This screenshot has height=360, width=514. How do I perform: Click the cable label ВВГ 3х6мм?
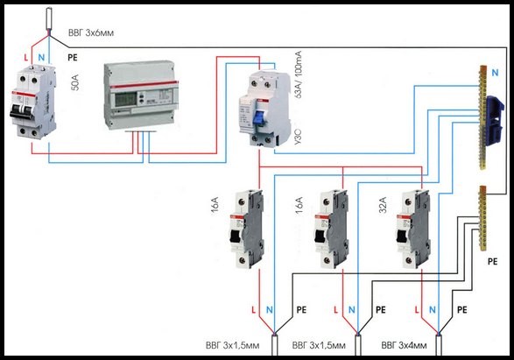click(x=91, y=32)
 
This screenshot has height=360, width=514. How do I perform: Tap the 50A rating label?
click(x=75, y=82)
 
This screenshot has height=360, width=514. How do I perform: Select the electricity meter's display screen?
click(x=125, y=98)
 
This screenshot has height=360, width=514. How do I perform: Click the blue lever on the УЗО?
click(x=259, y=119)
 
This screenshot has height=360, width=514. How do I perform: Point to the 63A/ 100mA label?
click(x=298, y=75)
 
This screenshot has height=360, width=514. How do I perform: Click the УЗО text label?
click(x=298, y=138)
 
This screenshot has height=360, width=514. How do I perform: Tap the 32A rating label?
click(x=383, y=205)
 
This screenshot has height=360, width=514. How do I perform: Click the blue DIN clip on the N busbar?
click(x=494, y=120)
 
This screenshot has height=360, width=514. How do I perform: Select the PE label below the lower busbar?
click(x=492, y=261)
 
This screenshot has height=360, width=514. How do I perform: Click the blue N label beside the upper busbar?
click(x=495, y=73)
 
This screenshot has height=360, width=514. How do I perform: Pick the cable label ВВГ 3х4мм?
click(x=404, y=345)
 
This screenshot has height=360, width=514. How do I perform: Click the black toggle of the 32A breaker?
click(x=401, y=236)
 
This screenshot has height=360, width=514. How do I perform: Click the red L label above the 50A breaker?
click(x=26, y=58)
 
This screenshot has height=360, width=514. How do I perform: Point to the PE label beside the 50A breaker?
click(x=73, y=58)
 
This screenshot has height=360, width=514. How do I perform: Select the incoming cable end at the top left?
click(x=49, y=19)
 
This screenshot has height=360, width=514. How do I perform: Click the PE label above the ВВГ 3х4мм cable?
click(x=461, y=309)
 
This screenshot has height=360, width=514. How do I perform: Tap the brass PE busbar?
click(x=482, y=218)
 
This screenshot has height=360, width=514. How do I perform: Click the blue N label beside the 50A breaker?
click(x=41, y=58)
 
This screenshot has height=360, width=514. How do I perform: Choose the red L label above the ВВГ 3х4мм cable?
click(x=417, y=309)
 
